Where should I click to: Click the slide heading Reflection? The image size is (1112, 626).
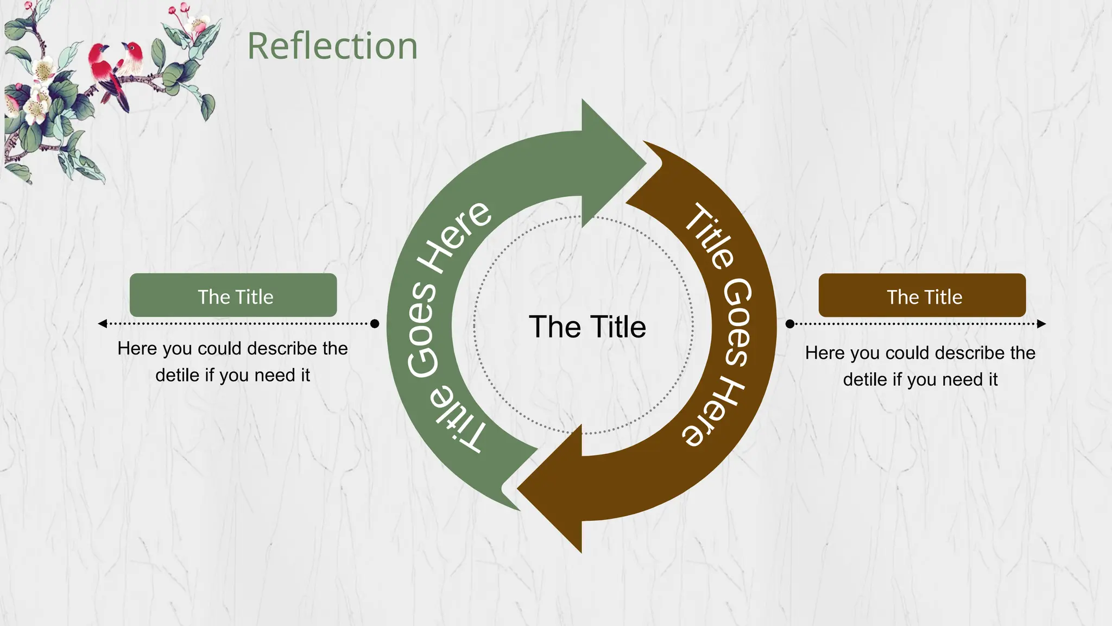(x=332, y=46)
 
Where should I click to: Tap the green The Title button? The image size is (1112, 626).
(x=233, y=295)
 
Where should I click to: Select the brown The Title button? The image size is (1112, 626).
(x=922, y=295)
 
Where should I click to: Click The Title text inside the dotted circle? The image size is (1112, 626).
(x=587, y=327)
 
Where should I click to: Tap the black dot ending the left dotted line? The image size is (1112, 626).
(x=375, y=324)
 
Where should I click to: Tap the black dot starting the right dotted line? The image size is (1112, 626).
(x=790, y=324)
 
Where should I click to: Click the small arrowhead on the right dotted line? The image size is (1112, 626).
(x=1041, y=324)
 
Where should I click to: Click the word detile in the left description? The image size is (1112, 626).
(x=176, y=375)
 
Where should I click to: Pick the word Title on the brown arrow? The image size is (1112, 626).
(x=709, y=236)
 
